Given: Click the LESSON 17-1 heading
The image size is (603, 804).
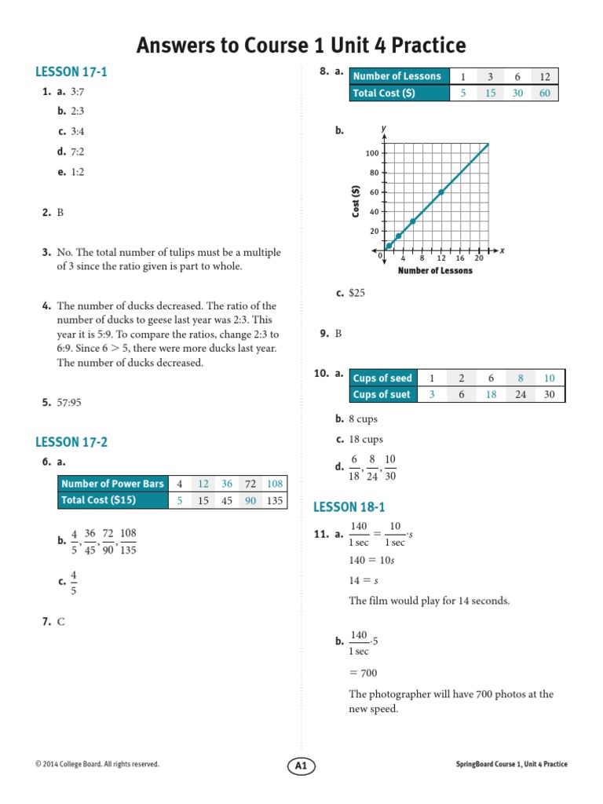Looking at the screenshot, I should click(x=71, y=72).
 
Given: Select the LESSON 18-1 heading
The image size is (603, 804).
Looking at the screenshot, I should click(x=349, y=507).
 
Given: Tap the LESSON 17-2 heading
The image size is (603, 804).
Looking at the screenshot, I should click(x=71, y=442).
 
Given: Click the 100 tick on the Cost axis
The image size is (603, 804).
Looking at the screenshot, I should click(x=372, y=153).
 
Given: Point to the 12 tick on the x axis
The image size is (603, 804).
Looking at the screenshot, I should click(x=441, y=258).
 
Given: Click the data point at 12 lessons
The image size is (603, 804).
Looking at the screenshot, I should click(x=441, y=192).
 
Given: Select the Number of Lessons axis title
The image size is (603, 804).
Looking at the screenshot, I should click(x=435, y=271).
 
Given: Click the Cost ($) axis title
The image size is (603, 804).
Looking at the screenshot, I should click(x=356, y=201).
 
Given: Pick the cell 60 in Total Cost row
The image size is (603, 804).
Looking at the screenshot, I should click(x=544, y=93).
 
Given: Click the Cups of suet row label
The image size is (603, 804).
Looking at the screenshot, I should click(x=382, y=395).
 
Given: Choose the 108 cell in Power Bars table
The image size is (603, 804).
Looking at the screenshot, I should click(x=274, y=484).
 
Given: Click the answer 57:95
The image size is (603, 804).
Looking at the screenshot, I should click(x=69, y=403).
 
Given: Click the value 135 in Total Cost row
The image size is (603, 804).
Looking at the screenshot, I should click(x=274, y=500).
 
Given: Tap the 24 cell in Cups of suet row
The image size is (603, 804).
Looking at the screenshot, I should click(x=521, y=395).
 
